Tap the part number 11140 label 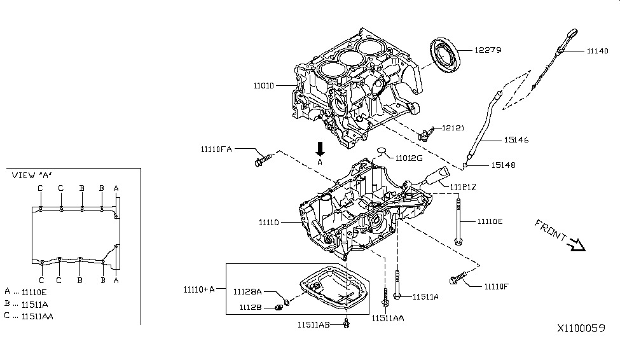(597, 51)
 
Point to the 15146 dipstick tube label (516, 140)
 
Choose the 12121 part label (457, 128)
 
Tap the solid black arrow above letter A (320, 149)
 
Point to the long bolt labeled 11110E (458, 221)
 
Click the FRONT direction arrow (577, 244)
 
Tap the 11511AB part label (313, 324)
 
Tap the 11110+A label (198, 289)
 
